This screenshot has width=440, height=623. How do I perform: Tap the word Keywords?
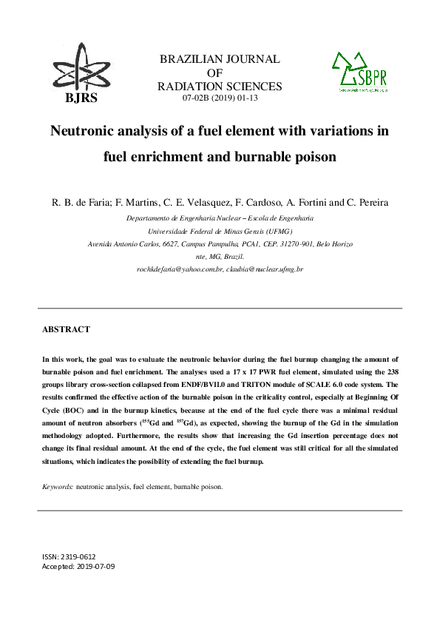(x=57, y=487)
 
